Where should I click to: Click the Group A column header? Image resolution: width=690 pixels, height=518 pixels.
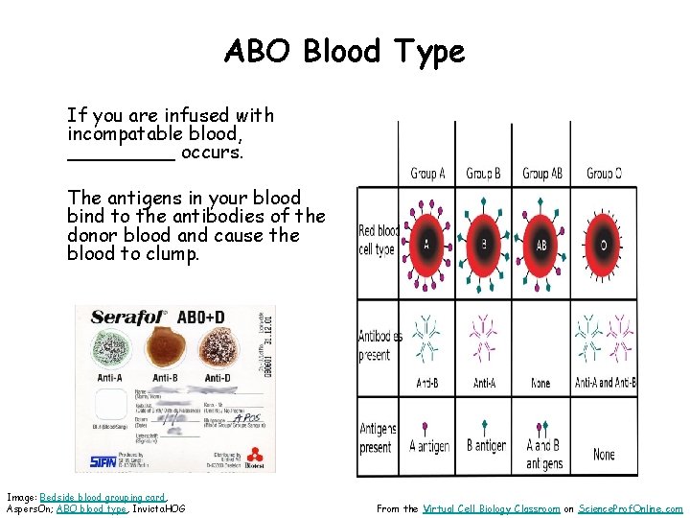pyautogui.click(x=427, y=174)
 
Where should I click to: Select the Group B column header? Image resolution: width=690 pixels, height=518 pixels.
pyautogui.click(x=483, y=174)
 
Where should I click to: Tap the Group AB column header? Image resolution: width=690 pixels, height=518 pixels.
pyautogui.click(x=542, y=174)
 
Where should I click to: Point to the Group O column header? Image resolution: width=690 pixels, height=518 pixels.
pyautogui.click(x=604, y=174)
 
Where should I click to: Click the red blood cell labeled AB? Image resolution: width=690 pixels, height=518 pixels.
pyautogui.click(x=541, y=244)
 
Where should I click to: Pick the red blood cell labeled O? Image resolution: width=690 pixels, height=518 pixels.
pyautogui.click(x=604, y=244)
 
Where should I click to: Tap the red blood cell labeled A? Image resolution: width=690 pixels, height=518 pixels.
pyautogui.click(x=426, y=244)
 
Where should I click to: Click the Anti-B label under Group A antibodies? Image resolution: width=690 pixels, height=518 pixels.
pyautogui.click(x=426, y=384)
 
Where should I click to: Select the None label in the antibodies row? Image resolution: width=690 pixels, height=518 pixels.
pyautogui.click(x=540, y=384)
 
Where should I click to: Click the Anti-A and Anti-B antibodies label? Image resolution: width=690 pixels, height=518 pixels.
pyautogui.click(x=605, y=384)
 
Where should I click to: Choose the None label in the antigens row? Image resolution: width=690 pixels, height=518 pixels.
pyautogui.click(x=604, y=454)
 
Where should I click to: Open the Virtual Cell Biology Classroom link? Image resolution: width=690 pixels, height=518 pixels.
pyautogui.click(x=491, y=509)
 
